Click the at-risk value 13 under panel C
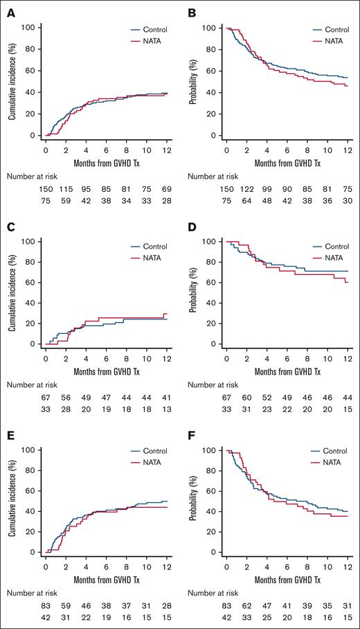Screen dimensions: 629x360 [166, 414]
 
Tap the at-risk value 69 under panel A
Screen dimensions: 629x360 [166, 189]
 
